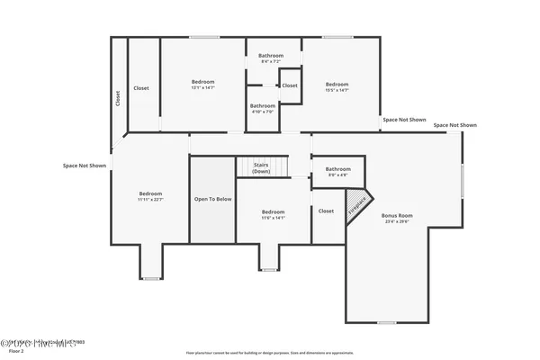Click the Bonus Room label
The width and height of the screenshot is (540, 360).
397,215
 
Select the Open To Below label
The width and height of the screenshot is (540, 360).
213,199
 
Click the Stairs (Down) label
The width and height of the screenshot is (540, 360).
261,168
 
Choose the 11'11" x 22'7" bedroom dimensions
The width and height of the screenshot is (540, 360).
150,200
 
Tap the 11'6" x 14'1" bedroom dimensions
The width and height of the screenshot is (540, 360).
273,218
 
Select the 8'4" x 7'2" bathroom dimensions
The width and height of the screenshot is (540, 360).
272,61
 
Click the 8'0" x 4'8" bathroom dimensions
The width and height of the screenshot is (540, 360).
338,175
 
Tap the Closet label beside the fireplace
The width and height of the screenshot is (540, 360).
326,211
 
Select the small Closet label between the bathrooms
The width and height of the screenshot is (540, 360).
290,85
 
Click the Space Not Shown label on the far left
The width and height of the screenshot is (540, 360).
85,166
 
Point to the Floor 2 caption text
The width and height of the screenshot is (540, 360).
15,351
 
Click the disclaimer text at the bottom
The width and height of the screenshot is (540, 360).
269,353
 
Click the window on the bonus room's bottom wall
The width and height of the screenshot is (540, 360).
386,322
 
